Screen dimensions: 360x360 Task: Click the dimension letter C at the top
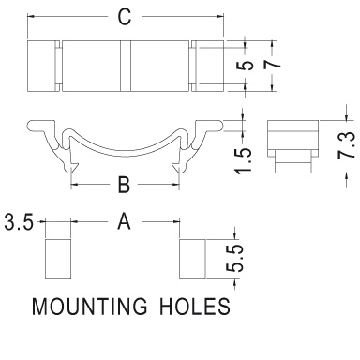point(125,17)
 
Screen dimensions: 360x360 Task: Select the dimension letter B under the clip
point(124,185)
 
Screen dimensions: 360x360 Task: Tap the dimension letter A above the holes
point(124,221)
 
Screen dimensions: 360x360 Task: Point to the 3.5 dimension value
point(19,223)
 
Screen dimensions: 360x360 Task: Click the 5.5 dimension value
point(234,258)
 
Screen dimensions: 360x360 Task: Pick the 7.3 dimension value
point(347,145)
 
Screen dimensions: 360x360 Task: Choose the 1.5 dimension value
point(243,160)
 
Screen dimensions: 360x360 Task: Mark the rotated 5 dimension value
point(246,66)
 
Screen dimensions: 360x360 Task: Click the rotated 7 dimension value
point(272,65)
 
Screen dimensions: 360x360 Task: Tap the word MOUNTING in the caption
point(89,307)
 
